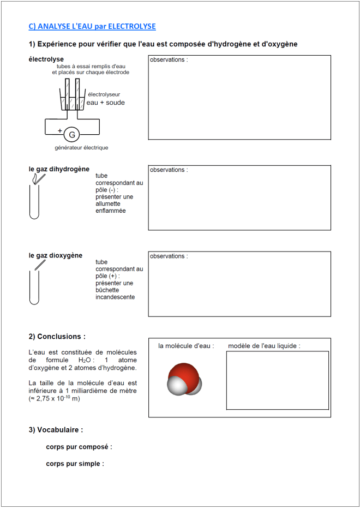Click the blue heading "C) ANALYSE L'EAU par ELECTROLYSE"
(x=92, y=26)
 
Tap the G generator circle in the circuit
(x=71, y=134)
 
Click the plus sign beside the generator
(x=59, y=131)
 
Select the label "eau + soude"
(x=105, y=103)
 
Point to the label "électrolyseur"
(x=104, y=94)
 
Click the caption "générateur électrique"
(x=81, y=148)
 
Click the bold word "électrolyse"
(x=46, y=59)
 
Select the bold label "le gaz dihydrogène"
(x=59, y=169)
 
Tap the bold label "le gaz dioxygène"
(x=56, y=255)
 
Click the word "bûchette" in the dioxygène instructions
(x=108, y=290)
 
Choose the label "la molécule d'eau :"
(x=186, y=346)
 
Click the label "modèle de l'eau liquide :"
(x=264, y=346)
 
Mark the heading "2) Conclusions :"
(x=57, y=337)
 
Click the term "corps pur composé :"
(x=79, y=447)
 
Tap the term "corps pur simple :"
(x=75, y=464)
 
